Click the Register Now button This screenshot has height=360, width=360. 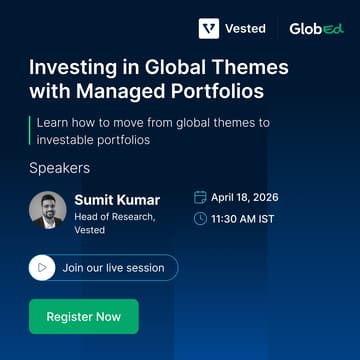[83, 317]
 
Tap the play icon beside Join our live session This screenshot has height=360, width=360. [41, 268]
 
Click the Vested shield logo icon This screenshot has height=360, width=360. [209, 29]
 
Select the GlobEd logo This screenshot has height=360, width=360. [316, 29]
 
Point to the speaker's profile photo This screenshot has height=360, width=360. [48, 210]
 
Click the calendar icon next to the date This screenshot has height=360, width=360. [200, 197]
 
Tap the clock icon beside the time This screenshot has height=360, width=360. [200, 218]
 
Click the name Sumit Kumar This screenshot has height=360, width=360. [117, 200]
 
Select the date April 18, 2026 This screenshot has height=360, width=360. [245, 197]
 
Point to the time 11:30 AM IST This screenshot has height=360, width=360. [243, 218]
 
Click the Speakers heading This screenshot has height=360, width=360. [59, 168]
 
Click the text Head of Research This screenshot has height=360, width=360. [114, 217]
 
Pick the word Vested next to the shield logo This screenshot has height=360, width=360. [246, 29]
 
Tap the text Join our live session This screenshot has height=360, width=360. [113, 268]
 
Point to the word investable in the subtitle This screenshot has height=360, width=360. [65, 140]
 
